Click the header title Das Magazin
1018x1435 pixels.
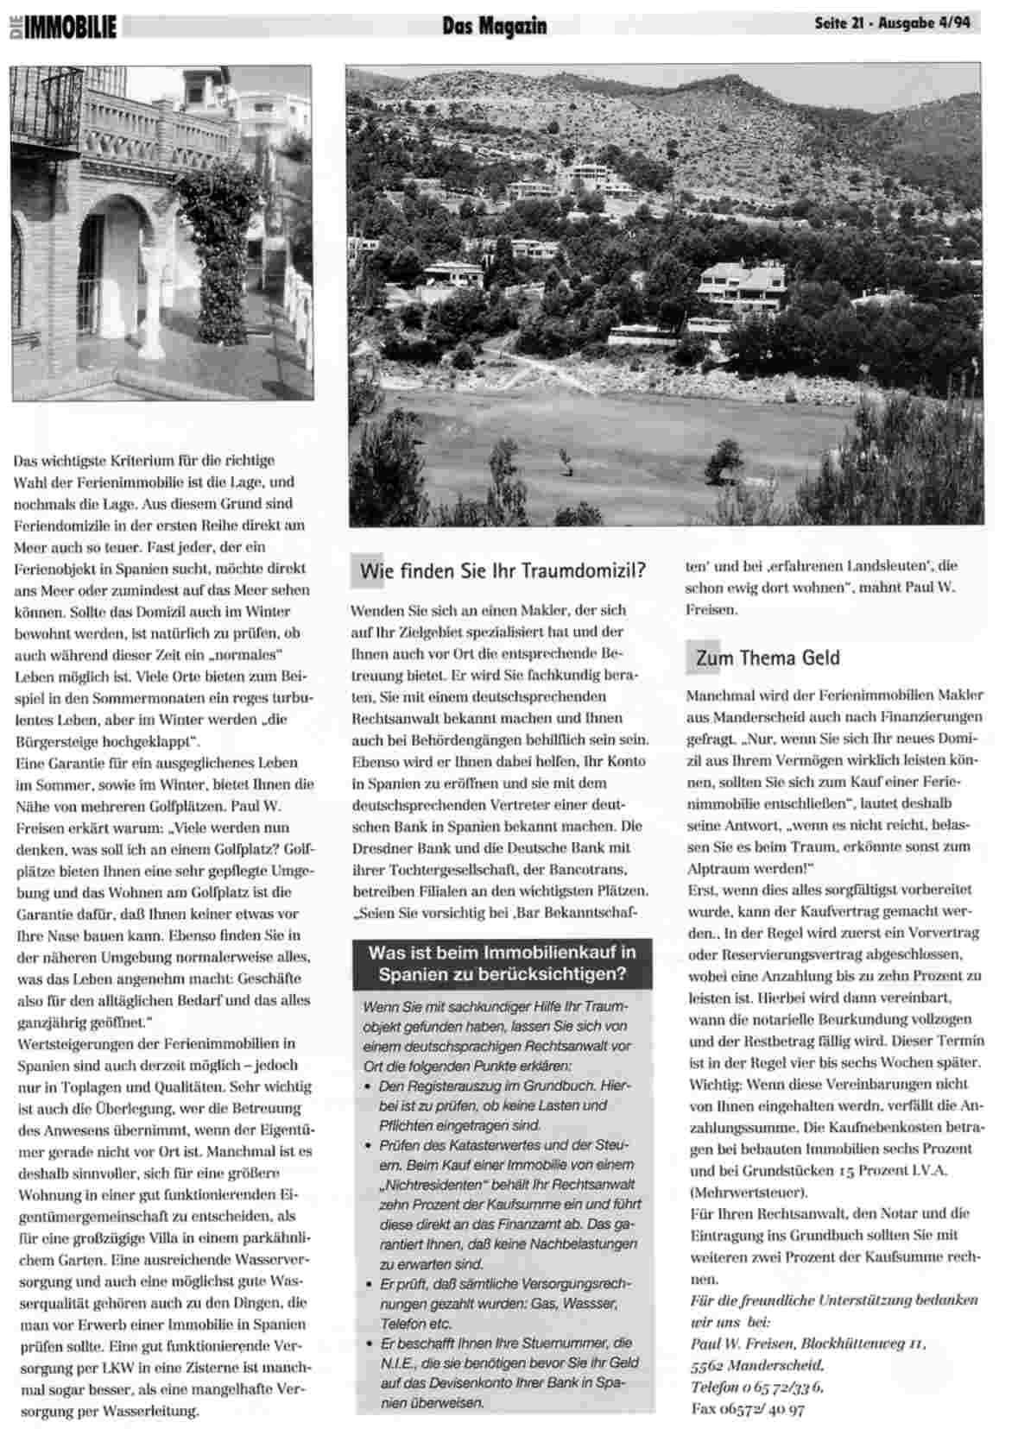[494, 26]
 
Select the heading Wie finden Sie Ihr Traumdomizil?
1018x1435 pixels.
[503, 570]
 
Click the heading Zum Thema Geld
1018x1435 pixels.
[767, 658]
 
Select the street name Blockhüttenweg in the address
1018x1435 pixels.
[852, 1344]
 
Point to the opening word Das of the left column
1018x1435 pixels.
[25, 461]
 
